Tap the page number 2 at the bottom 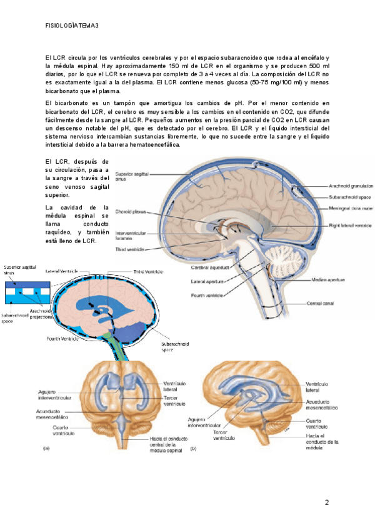click(x=327, y=503)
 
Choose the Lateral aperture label click(x=207, y=281)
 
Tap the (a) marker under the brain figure click(x=46, y=448)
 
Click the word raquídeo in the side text click(x=61, y=232)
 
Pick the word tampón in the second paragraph click(x=117, y=102)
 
